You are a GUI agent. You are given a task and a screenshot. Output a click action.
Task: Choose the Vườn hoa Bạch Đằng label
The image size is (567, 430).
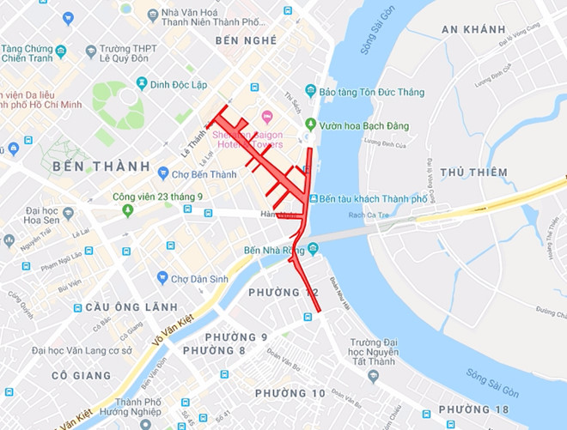click(x=364, y=125)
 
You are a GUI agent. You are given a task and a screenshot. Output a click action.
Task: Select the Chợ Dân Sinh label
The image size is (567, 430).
click(x=203, y=278)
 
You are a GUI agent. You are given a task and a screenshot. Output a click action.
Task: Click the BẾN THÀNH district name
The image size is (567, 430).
click(x=95, y=165)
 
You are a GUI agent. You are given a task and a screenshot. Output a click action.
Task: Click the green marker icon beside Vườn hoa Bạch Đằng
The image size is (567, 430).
click(x=310, y=125)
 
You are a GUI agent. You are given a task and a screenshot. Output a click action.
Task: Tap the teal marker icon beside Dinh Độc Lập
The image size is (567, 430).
click(x=142, y=83)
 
